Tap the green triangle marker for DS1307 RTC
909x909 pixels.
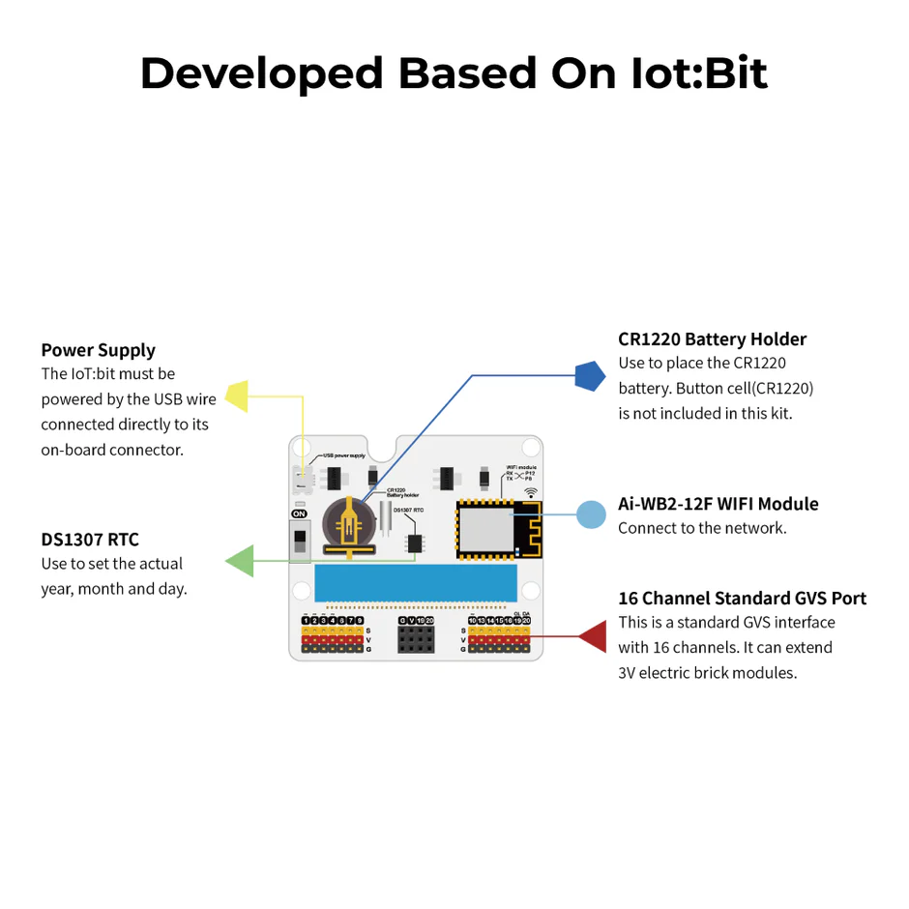(241, 561)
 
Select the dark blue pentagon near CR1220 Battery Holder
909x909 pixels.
(589, 375)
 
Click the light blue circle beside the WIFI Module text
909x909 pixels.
(591, 513)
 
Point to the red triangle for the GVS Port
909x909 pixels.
(593, 636)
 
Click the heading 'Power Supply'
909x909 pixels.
(98, 350)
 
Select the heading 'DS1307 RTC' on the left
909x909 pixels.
(89, 540)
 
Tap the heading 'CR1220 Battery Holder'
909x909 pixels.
(712, 339)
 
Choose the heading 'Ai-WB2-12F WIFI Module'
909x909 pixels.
(718, 504)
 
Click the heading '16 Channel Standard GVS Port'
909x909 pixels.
(742, 599)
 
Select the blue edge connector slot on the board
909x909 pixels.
(416, 584)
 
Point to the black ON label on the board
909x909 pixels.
(300, 514)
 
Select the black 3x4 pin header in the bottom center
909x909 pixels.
(416, 639)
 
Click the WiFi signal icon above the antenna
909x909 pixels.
(531, 493)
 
